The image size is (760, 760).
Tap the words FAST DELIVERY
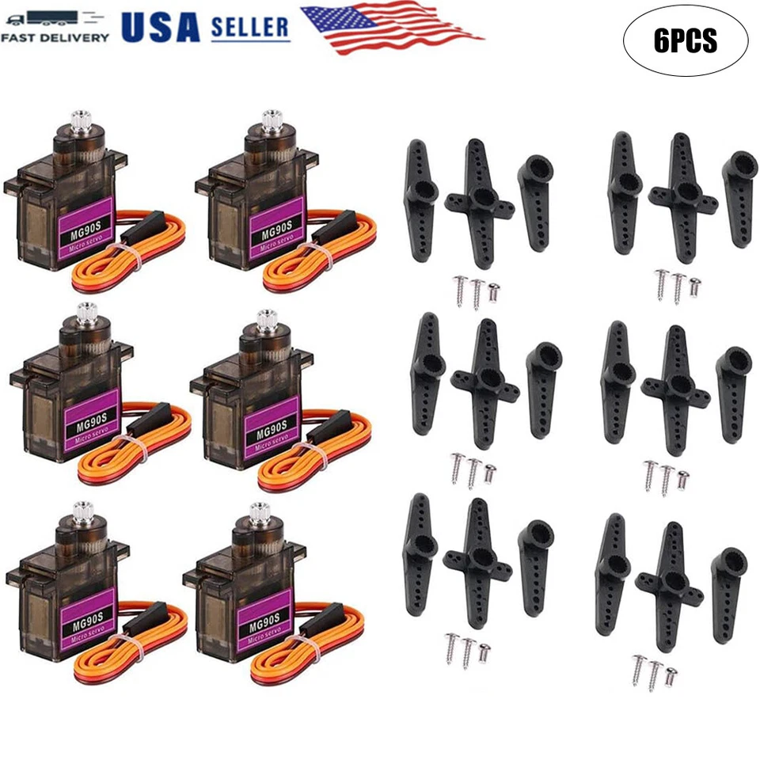click(x=55, y=37)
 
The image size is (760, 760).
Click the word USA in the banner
click(x=160, y=26)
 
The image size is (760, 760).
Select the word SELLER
click(x=250, y=27)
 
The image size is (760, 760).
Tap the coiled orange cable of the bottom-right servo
click(x=309, y=641)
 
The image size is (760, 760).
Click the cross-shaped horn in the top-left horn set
click(x=479, y=202)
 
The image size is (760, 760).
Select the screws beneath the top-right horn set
click(x=678, y=286)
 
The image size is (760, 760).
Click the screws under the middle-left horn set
click(x=473, y=469)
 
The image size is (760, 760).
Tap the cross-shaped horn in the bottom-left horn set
click(x=477, y=562)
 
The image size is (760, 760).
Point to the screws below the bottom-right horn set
click(x=654, y=669)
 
